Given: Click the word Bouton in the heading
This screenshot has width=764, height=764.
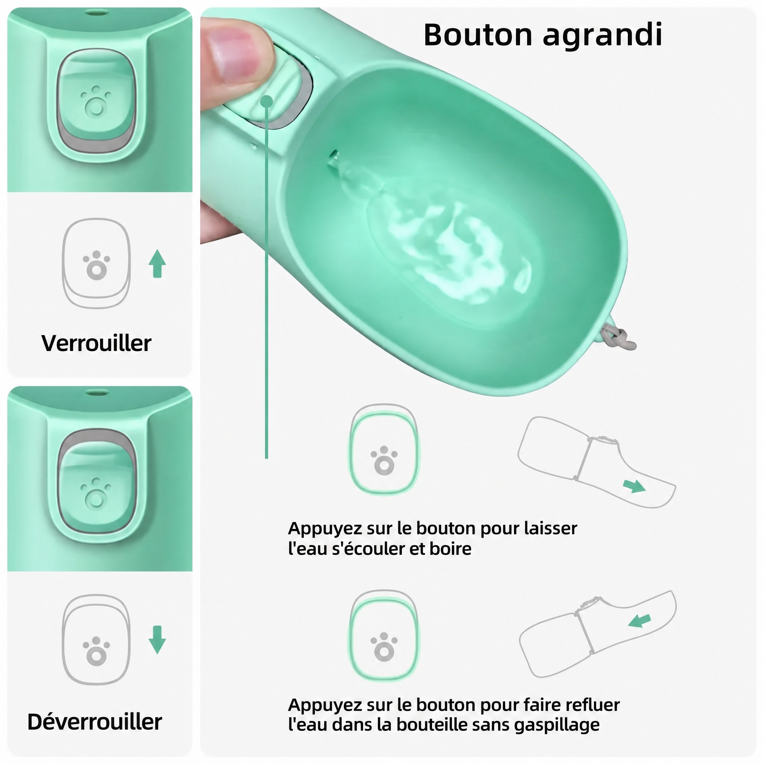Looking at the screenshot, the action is [x=478, y=35].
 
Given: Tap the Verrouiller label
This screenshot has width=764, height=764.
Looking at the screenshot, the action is [x=96, y=343].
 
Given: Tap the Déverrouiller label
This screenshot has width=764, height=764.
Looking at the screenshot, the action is [x=94, y=722].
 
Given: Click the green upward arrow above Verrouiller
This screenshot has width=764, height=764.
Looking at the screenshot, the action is [x=157, y=263].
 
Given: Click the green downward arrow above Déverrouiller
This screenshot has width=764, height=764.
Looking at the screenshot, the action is [x=157, y=639].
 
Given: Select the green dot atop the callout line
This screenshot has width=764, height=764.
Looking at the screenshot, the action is [x=267, y=101].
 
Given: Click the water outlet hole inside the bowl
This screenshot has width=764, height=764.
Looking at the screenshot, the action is [x=333, y=157].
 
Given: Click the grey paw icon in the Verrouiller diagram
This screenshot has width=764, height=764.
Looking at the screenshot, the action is [x=97, y=265].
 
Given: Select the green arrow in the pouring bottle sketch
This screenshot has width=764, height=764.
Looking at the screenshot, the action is [x=634, y=486].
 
